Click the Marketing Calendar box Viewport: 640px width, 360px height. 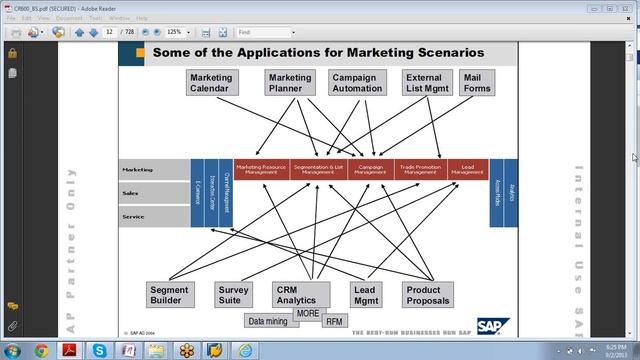click(x=210, y=83)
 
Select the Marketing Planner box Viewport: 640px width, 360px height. click(x=289, y=83)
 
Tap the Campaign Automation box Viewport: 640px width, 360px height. click(x=356, y=83)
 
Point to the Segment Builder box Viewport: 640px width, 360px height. click(x=168, y=295)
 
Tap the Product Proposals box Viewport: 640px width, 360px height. click(x=427, y=295)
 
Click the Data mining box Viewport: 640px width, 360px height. click(x=268, y=322)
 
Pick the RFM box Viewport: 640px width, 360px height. click(x=335, y=322)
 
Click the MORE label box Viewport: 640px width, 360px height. click(x=307, y=314)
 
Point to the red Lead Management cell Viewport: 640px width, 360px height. click(x=467, y=170)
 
